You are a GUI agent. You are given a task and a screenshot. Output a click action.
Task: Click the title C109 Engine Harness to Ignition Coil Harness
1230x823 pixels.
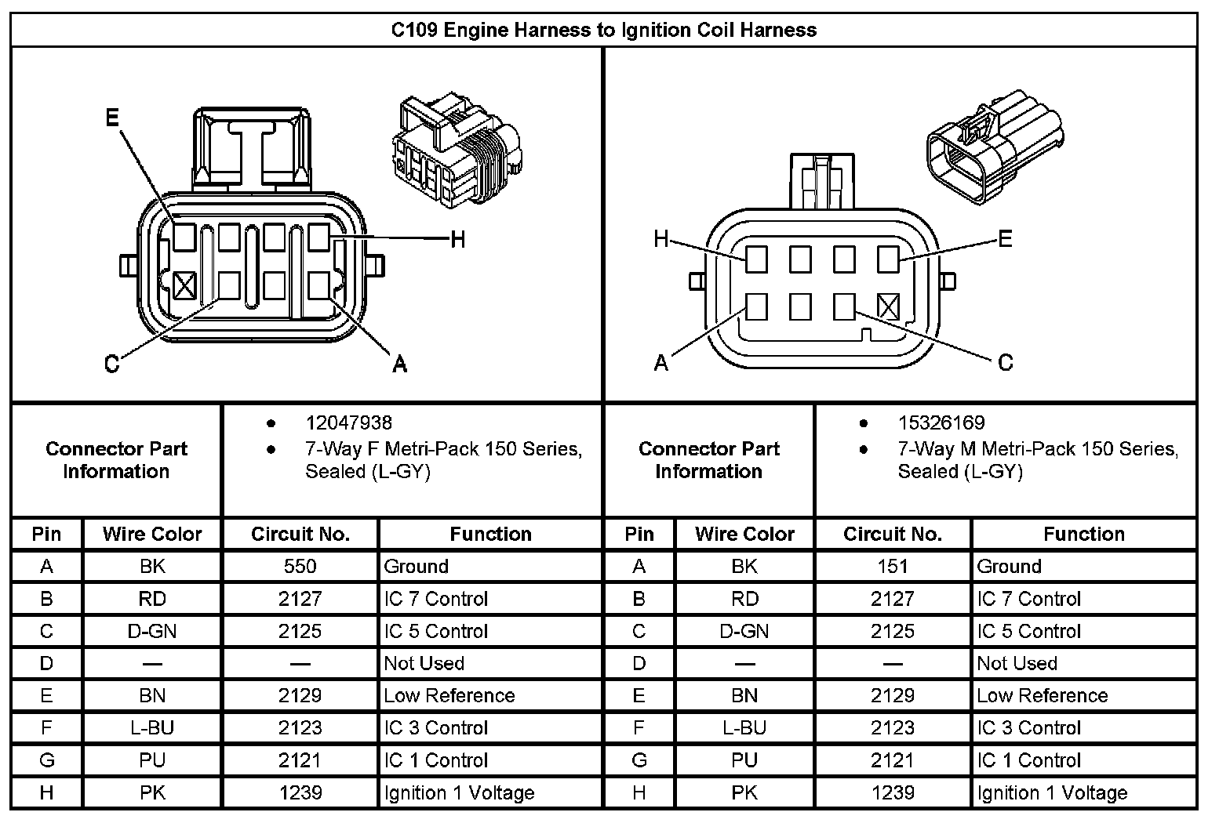click(603, 31)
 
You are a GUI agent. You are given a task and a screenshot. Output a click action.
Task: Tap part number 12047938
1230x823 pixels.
click(348, 423)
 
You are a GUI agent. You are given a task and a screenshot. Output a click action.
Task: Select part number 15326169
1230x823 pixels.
click(941, 423)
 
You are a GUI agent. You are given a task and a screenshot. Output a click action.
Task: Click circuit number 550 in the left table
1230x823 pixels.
click(300, 567)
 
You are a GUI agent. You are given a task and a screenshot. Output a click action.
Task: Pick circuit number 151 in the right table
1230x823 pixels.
click(892, 567)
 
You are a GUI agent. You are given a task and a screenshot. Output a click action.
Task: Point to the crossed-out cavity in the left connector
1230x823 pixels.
click(184, 285)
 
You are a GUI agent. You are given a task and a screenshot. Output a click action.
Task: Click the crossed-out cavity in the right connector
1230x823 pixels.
click(888, 306)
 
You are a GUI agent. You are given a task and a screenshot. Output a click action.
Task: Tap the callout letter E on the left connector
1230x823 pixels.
click(112, 118)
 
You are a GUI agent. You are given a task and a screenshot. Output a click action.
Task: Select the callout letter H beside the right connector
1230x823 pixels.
click(661, 239)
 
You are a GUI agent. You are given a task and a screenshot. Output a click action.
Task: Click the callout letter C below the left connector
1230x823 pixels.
click(112, 364)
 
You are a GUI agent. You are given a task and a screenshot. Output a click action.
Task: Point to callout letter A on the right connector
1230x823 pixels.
click(661, 362)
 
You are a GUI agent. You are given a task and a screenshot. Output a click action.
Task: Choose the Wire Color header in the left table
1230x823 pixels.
click(152, 535)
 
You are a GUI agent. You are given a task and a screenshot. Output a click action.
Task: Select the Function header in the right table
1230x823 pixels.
click(1083, 535)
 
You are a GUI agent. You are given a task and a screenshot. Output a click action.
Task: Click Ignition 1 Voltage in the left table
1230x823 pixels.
click(459, 793)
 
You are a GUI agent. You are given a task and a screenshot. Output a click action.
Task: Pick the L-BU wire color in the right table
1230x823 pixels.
click(744, 728)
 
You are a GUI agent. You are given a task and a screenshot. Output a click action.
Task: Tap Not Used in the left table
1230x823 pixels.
click(424, 664)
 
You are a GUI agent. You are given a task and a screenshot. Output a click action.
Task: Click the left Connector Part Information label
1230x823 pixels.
click(116, 460)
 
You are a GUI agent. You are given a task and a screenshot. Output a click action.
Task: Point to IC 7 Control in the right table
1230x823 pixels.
click(1028, 600)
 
